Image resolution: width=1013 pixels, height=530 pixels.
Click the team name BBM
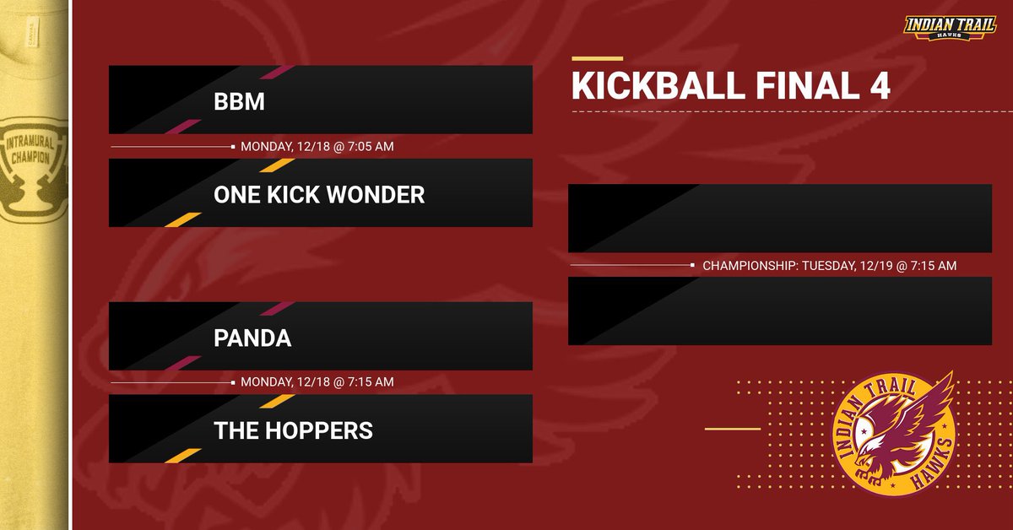(x=239, y=102)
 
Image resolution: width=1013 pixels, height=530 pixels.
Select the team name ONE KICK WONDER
(x=319, y=195)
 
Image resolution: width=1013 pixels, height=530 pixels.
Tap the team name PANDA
(x=252, y=338)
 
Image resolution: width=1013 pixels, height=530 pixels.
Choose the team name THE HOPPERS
(x=293, y=430)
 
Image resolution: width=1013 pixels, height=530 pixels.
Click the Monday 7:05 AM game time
(x=317, y=147)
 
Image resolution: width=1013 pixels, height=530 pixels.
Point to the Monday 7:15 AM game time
(x=317, y=382)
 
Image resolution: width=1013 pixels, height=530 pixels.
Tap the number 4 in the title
(x=879, y=88)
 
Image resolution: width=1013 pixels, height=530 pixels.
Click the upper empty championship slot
(x=779, y=219)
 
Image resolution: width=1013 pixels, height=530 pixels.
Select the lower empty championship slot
(x=779, y=311)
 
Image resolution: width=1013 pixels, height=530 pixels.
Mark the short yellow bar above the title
(x=597, y=59)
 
